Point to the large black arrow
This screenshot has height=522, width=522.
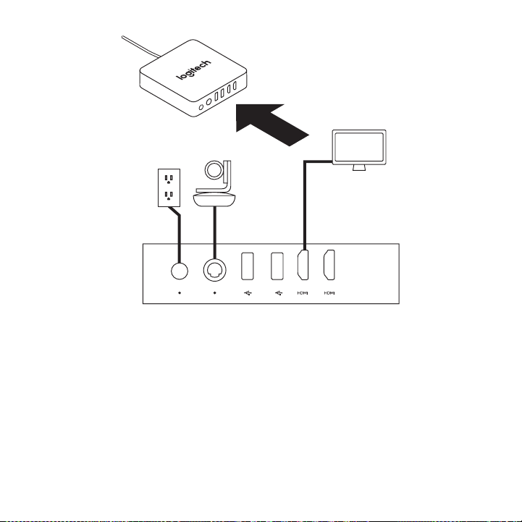(x=275, y=120)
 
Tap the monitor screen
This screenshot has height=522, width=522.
(x=359, y=147)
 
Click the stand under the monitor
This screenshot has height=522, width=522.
(x=359, y=168)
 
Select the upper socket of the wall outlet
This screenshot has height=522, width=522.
(x=168, y=177)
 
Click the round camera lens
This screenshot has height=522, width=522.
(x=216, y=172)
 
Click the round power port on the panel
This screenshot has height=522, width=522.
(x=178, y=270)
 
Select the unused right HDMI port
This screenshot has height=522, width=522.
(x=329, y=266)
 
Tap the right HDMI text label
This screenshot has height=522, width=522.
(x=329, y=294)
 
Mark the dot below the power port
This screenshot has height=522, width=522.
(x=178, y=294)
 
